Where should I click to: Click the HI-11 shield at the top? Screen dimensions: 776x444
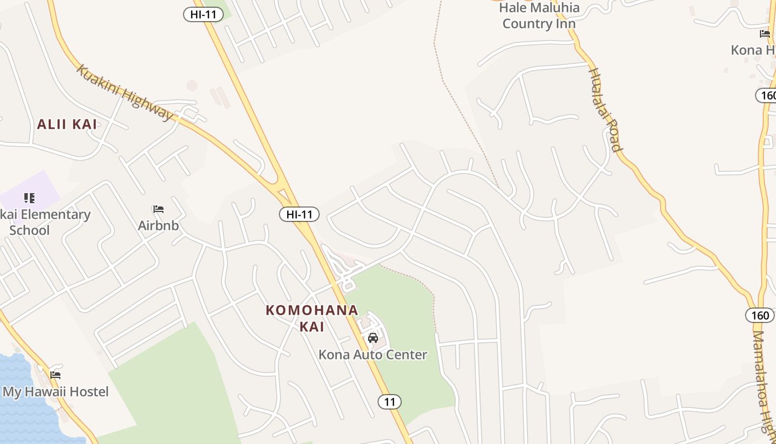click(x=203, y=14)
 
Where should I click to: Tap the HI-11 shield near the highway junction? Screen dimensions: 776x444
click(x=299, y=214)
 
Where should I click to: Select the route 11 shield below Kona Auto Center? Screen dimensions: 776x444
click(x=390, y=402)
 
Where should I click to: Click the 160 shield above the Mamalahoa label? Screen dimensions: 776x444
click(x=760, y=315)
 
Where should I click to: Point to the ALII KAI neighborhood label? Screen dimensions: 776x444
click(x=67, y=124)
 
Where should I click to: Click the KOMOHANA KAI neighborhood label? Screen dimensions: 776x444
click(x=312, y=318)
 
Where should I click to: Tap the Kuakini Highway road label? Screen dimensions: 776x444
click(x=124, y=92)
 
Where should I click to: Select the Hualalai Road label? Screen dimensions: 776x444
click(x=605, y=109)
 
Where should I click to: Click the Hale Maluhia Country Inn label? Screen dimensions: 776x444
click(x=539, y=16)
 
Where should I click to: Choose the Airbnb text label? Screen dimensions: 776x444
click(x=159, y=225)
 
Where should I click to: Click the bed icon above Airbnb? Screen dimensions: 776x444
click(x=159, y=209)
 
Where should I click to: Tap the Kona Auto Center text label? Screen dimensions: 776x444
click(x=372, y=355)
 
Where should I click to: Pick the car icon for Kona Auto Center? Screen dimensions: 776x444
click(x=373, y=338)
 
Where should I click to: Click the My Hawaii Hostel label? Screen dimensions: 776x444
click(x=55, y=392)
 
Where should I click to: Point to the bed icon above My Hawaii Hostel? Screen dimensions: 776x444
click(x=55, y=375)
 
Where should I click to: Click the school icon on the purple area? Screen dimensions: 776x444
click(x=29, y=198)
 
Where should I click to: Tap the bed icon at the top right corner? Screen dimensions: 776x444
click(x=765, y=33)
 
